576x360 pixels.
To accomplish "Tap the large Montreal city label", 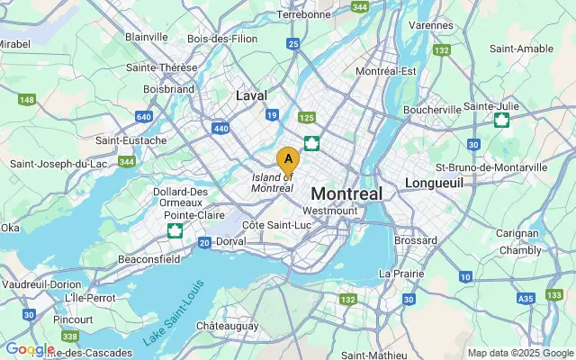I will point(346,193).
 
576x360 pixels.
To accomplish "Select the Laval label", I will point(251,94).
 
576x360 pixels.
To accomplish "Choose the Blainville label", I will point(147,37).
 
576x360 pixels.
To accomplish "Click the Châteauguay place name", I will point(228,324).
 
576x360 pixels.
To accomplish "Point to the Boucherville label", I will point(433,109).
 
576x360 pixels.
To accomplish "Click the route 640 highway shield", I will point(144,116).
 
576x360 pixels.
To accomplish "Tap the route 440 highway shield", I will point(219,129).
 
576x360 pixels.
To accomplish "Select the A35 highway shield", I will point(526,298).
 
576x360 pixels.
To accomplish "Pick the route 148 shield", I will point(27,99).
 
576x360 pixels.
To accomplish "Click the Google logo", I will point(29,349).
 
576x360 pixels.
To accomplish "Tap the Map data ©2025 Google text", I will point(520,353).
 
